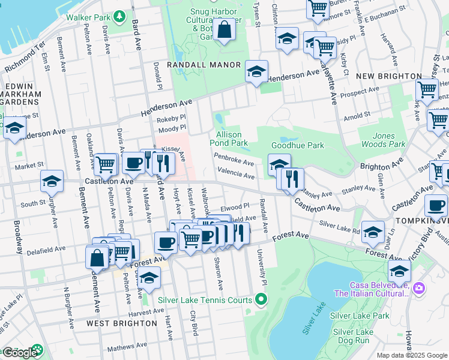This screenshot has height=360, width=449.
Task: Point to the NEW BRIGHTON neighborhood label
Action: click(388, 76)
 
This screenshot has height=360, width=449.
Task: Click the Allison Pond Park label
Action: click(229, 139)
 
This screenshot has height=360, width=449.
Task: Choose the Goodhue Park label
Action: click(298, 145)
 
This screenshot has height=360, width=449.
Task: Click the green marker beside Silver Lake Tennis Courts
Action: click(261, 298)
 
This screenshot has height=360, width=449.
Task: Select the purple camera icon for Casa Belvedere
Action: click(418, 289)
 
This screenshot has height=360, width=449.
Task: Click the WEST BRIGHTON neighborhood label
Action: click(122, 323)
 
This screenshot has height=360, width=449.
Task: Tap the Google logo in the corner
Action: click(19, 352)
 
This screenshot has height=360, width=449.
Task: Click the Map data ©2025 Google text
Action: click(412, 355)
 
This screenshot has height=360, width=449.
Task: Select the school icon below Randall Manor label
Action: click(256, 73)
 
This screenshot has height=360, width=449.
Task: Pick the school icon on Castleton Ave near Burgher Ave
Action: click(52, 181)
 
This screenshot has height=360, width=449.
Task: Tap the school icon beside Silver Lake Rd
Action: click(373, 232)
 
